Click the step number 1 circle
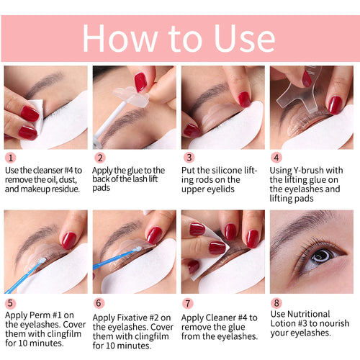click(10, 157)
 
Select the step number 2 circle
click(99, 157)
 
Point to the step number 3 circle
click(189, 157)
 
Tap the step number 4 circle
click(276, 157)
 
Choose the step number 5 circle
click(10, 302)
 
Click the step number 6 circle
click(99, 302)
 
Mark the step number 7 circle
click(189, 302)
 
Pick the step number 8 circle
click(276, 302)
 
